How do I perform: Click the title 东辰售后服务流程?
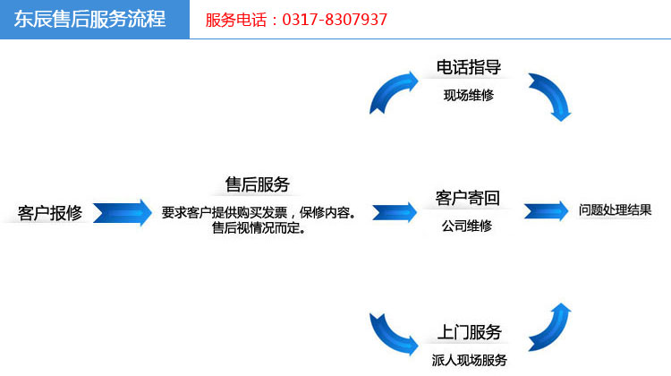tap(89, 20)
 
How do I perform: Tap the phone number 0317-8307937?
tap(335, 20)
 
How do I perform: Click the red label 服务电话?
tap(236, 20)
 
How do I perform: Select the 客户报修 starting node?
tap(49, 213)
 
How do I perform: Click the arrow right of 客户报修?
tap(123, 212)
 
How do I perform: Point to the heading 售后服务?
tap(257, 184)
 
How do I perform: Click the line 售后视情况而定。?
tap(259, 227)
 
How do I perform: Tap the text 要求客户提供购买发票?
tap(225, 212)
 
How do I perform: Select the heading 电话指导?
tap(469, 67)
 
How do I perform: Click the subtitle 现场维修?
tap(469, 95)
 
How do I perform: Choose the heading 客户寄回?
tap(467, 198)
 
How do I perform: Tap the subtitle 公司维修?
tap(467, 226)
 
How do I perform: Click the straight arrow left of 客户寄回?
tap(395, 212)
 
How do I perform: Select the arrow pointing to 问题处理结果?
tap(546, 211)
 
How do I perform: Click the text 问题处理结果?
tap(615, 209)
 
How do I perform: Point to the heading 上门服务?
tap(469, 332)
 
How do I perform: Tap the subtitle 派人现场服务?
tap(469, 360)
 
